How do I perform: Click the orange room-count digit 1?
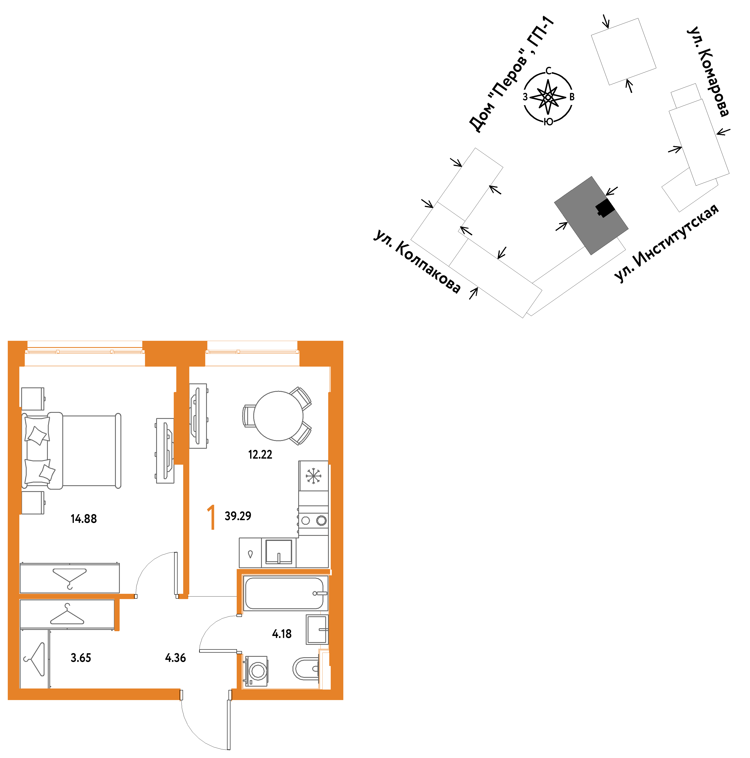click(211, 517)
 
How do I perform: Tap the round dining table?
click(278, 416)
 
